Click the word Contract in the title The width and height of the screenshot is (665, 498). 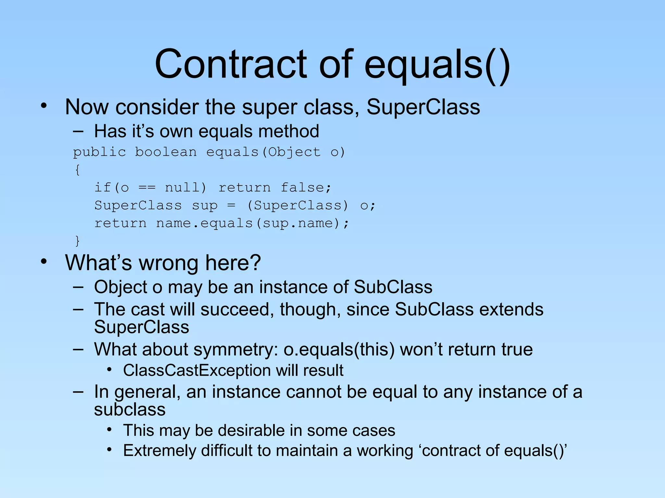[231, 64]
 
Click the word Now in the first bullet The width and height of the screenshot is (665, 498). [87, 107]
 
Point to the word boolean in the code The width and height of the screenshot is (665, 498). [166, 152]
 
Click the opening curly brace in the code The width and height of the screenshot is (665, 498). [77, 170]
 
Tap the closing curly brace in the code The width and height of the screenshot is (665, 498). [77, 241]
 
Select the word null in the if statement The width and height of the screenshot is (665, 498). [185, 188]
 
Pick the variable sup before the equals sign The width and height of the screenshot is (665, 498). [205, 206]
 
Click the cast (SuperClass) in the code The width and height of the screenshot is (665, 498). [297, 206]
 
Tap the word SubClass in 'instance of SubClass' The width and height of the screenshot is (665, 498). [393, 287]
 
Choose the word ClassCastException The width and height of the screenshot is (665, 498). [197, 371]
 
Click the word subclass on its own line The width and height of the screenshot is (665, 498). [130, 409]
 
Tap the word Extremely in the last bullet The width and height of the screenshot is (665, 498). [159, 451]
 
